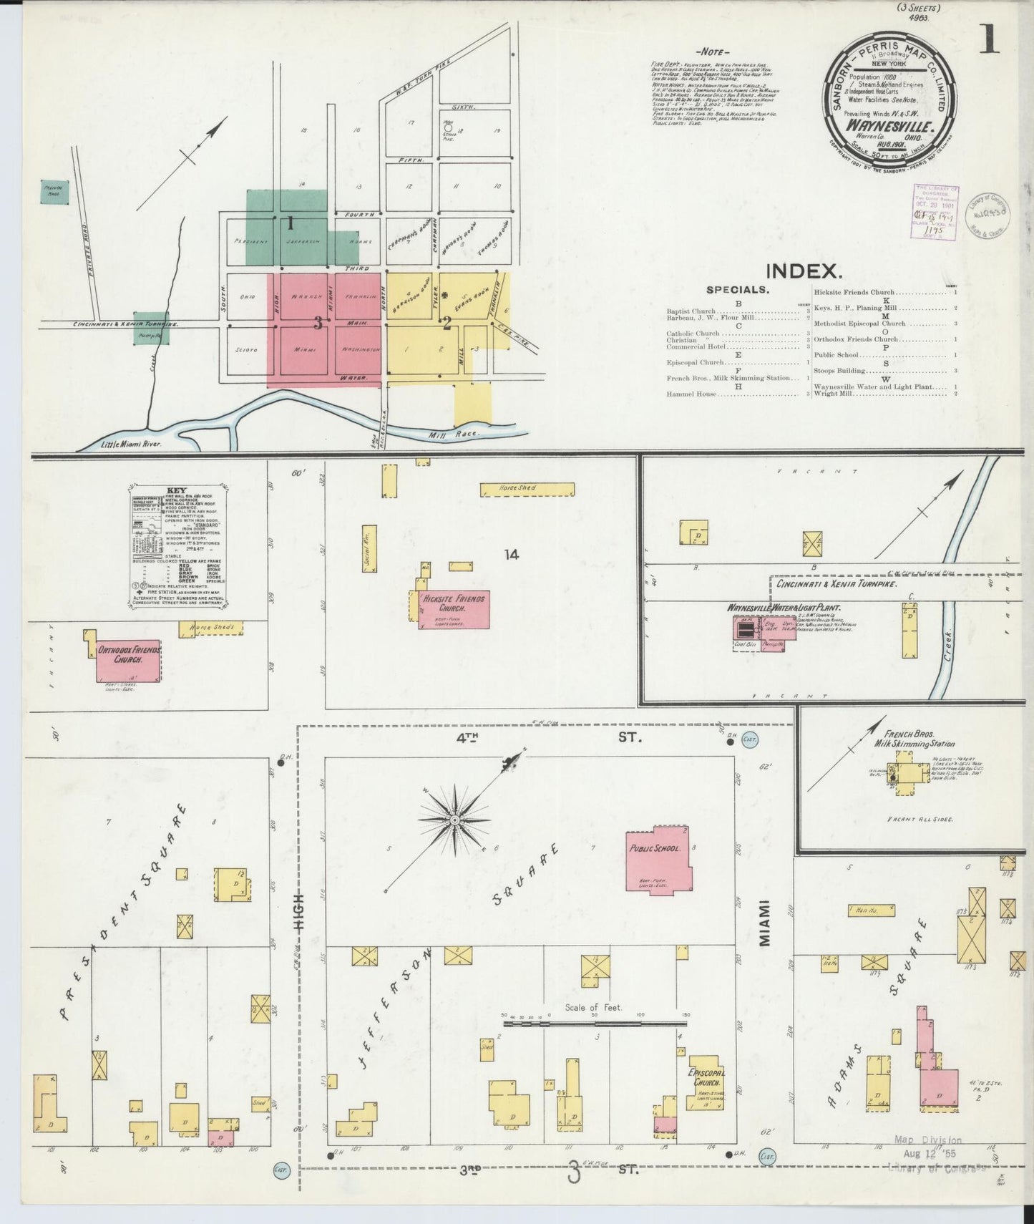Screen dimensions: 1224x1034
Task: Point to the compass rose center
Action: [x=454, y=818]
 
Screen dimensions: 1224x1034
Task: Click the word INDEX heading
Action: [x=803, y=271]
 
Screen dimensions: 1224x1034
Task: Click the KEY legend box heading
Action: [x=176, y=490]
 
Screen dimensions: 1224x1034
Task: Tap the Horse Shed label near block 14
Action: [x=518, y=488]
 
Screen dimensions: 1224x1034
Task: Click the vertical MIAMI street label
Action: [x=764, y=923]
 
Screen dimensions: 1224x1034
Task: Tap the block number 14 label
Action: [x=511, y=553]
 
